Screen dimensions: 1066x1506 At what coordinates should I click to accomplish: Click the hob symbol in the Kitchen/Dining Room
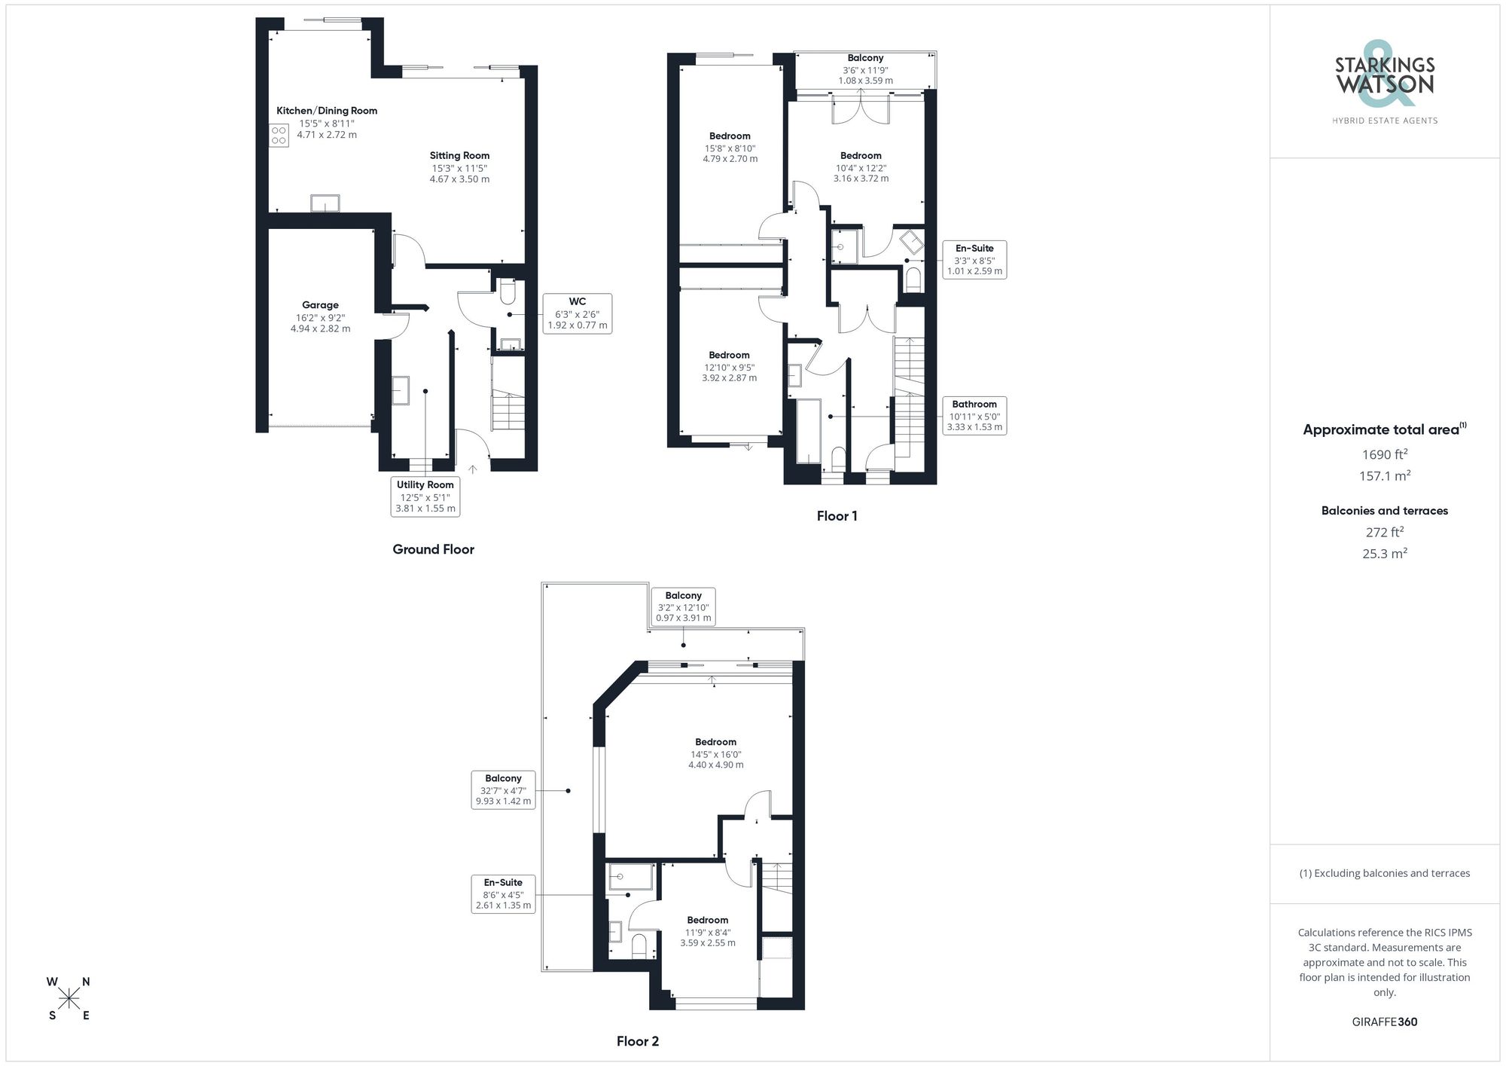coord(279,136)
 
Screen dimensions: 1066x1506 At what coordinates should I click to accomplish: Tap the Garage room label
coord(320,305)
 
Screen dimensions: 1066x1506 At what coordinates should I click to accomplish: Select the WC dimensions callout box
coord(577,313)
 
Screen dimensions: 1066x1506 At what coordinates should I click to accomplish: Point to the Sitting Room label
coord(459,156)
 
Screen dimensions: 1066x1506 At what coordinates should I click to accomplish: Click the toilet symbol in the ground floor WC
coord(508,292)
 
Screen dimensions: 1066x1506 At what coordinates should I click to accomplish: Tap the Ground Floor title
coord(433,549)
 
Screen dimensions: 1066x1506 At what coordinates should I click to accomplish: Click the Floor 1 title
coord(837,516)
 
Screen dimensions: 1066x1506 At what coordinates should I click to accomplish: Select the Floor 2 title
coord(637,1041)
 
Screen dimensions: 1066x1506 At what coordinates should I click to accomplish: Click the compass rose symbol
coord(69,999)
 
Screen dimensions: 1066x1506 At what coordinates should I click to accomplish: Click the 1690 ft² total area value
coord(1384,454)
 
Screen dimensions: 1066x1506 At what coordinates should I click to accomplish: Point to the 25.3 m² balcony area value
coord(1384,554)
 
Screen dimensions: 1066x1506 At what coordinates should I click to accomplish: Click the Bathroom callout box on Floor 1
coord(974,415)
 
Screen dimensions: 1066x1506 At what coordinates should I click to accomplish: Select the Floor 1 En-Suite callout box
coord(974,259)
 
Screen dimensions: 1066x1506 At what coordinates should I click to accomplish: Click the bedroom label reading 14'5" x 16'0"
coord(715,753)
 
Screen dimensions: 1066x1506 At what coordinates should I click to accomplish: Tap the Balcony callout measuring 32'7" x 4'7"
coord(503,790)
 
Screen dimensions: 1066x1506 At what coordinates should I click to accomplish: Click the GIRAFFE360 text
coord(1384,1022)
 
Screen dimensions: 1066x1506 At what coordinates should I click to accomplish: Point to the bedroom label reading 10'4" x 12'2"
coord(861,167)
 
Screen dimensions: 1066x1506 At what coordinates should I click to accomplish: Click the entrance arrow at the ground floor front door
coord(473,469)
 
